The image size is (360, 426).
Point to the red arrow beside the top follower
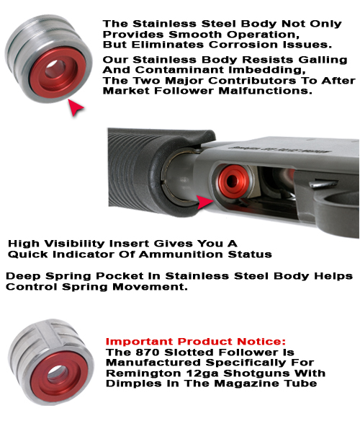tap(76, 109)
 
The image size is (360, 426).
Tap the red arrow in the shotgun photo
tap(206, 203)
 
